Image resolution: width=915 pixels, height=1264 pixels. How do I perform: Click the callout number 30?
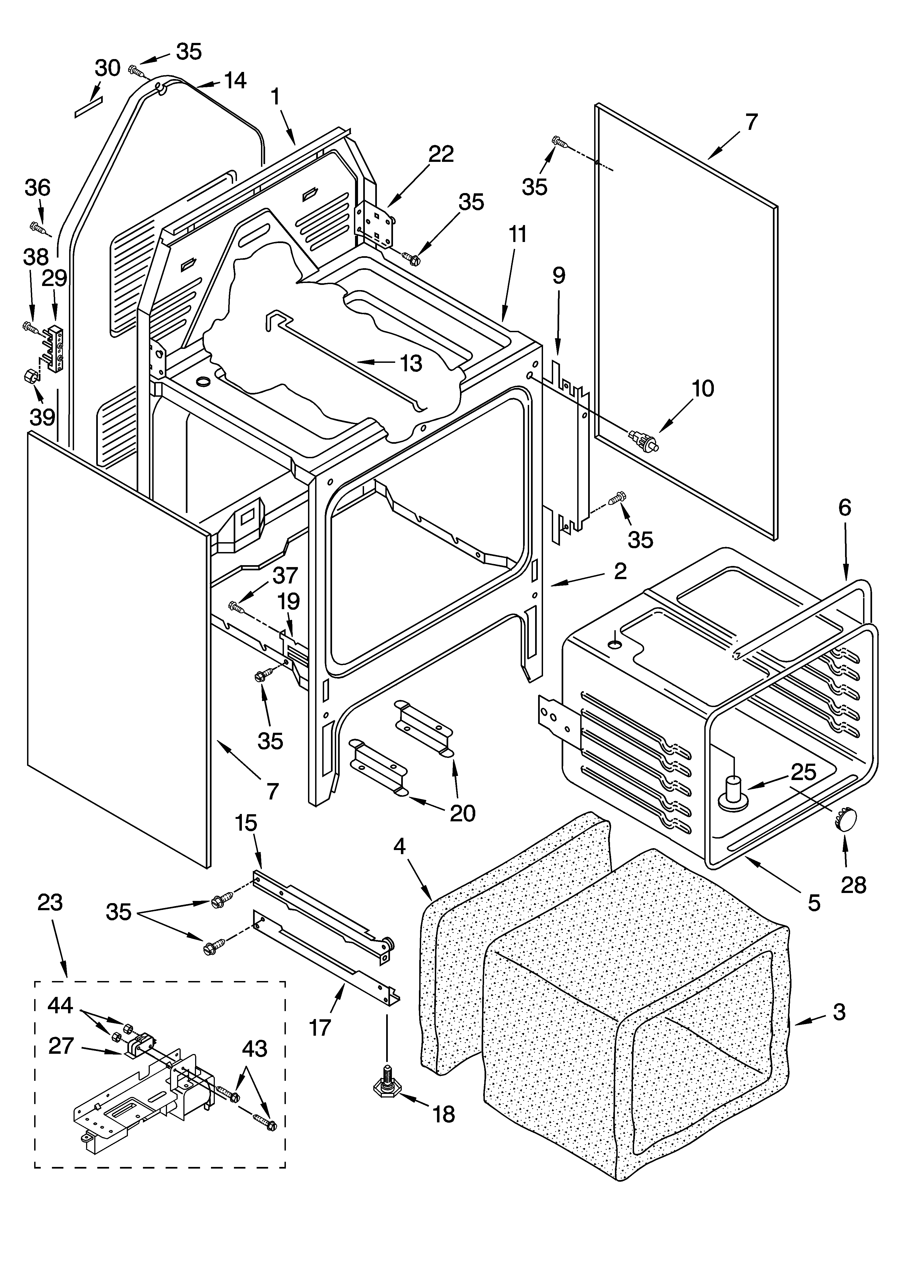point(108,69)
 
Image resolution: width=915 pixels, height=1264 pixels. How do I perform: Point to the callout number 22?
point(441,154)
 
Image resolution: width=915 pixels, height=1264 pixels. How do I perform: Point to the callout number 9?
point(558,275)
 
